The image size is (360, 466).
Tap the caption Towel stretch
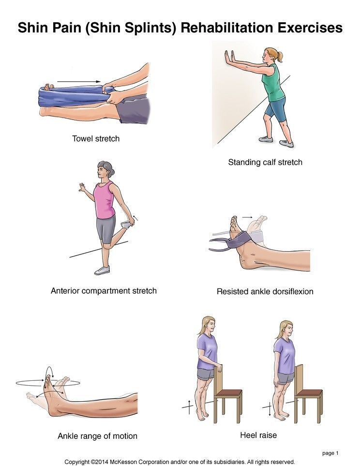[96, 138]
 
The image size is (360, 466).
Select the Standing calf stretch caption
[265, 162]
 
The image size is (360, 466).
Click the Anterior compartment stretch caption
[104, 291]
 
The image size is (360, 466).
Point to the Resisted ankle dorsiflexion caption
[265, 291]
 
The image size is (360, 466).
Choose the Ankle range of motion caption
[98, 436]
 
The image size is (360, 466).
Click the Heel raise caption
[258, 435]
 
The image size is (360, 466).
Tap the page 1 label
[330, 453]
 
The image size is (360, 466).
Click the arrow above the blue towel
[79, 81]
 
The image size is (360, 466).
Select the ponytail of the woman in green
[279, 57]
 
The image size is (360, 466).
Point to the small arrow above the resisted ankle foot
[247, 217]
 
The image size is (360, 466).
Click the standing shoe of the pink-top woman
[102, 271]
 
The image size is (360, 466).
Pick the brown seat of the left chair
[228, 393]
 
